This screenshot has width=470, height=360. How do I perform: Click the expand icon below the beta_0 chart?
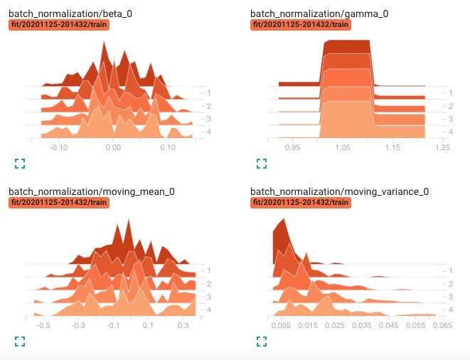pos(20,163)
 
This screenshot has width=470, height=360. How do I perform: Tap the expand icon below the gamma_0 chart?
pos(261,163)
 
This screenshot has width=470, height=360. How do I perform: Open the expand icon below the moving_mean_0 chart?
pos(20,341)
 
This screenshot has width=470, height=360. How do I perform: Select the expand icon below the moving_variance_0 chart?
pos(261,341)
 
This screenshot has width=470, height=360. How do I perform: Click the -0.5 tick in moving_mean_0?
pos(43,325)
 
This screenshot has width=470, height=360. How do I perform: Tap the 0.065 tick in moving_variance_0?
pos(442,325)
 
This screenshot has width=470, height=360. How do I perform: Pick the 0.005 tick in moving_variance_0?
pos(282,325)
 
